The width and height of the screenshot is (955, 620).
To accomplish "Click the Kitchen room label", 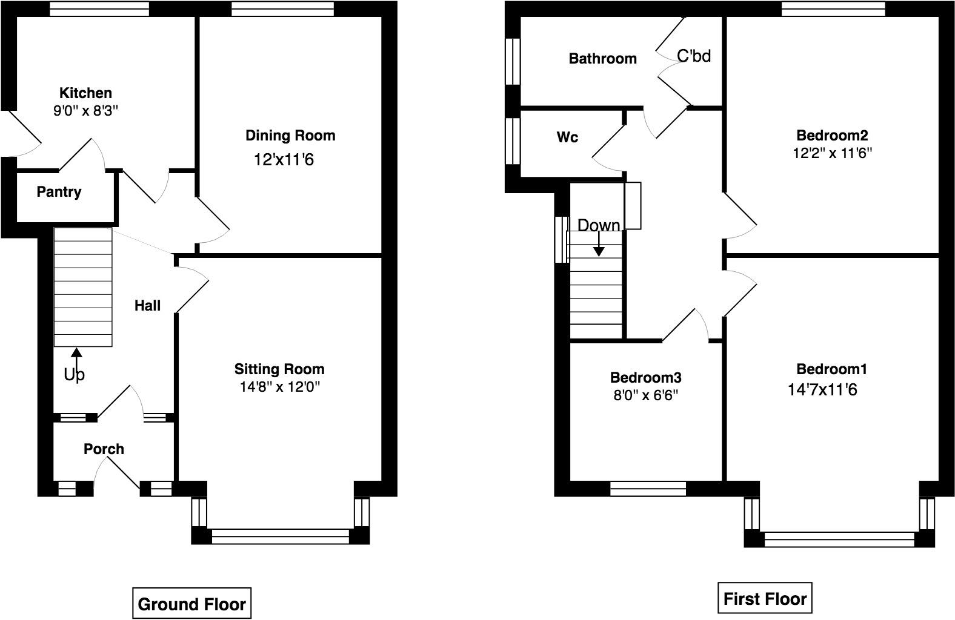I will (x=85, y=93).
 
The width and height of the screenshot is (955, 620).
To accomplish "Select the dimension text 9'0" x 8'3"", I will (x=85, y=111).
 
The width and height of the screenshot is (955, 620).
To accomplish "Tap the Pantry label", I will (x=59, y=192).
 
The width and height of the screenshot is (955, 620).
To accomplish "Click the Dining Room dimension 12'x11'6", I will (x=284, y=160).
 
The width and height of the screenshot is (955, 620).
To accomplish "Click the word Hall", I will (x=147, y=306).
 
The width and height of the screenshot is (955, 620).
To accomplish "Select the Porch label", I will (x=104, y=449).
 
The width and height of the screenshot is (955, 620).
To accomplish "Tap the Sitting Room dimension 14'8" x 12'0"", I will (x=279, y=387).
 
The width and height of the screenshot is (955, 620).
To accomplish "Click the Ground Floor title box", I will (x=191, y=604).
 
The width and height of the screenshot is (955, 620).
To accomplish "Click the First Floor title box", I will (x=765, y=599).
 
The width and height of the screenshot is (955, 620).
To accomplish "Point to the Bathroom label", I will (x=602, y=58).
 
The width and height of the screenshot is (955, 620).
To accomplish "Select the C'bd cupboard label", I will (x=693, y=56).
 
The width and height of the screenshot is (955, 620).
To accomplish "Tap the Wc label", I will (x=567, y=137).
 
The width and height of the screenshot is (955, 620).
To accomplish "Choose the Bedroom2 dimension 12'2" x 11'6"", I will (x=832, y=153).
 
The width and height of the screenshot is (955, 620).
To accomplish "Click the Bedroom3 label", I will (x=645, y=378).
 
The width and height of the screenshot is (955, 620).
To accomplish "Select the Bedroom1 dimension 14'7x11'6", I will (x=822, y=389).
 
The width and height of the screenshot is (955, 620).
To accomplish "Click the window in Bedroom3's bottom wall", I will (x=648, y=489).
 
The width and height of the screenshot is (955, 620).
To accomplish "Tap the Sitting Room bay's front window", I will (x=281, y=536).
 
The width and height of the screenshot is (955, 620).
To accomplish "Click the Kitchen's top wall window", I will (x=99, y=8).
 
